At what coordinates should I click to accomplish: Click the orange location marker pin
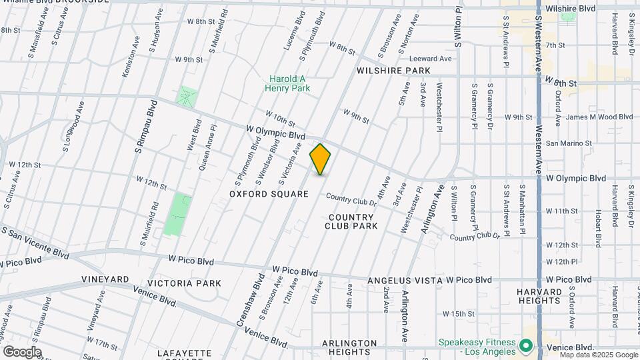pos(320,159)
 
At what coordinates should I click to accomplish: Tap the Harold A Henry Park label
pos(287,83)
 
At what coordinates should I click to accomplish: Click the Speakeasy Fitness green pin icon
pos(525,347)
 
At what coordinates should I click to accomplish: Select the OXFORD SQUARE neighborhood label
pos(269,194)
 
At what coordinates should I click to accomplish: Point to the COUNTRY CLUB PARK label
pos(351,221)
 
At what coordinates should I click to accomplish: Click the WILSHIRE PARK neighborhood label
pos(393,70)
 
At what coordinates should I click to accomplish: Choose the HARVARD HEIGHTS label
pos(539,296)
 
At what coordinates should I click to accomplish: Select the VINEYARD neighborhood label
pos(105,279)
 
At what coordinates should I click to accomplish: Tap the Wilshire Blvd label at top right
pos(569,8)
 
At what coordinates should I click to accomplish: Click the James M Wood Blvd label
pos(598,117)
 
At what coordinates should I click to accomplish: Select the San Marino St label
pos(569,143)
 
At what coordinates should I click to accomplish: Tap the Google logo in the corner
pos(21,351)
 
